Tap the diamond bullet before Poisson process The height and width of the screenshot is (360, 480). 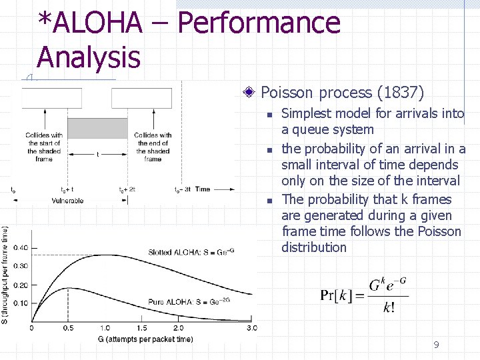point(250,93)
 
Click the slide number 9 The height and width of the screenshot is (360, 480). point(436,345)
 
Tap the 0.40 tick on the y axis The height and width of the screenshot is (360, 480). point(21,248)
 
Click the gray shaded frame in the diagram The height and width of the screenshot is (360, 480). point(97,128)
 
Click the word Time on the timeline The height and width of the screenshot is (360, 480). point(203,189)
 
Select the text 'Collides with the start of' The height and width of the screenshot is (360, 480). point(44,139)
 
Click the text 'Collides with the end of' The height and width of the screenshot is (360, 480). point(153,139)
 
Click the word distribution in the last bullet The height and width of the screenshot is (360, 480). point(313,247)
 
